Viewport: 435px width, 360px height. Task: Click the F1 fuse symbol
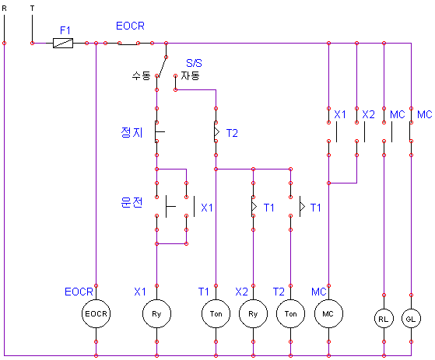point(63,44)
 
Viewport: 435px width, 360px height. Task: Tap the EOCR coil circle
point(96,313)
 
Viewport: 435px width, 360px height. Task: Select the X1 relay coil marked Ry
point(156,313)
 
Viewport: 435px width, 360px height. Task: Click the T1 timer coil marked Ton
point(216,313)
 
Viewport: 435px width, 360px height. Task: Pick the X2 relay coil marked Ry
point(253,313)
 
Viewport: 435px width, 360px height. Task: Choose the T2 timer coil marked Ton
point(290,313)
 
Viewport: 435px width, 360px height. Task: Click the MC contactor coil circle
point(328,313)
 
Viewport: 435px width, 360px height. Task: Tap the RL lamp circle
point(384,319)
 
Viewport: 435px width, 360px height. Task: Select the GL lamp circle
point(411,319)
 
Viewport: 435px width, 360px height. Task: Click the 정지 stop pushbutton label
point(132,132)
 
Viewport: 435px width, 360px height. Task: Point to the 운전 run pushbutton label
point(132,202)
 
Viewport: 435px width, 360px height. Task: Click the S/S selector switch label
point(194,63)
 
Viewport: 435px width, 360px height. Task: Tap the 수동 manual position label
point(141,75)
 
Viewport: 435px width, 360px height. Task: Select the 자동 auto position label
point(191,75)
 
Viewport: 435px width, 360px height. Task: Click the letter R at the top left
point(4,9)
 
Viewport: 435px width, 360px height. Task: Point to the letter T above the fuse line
point(32,9)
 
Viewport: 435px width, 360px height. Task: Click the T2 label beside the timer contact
point(232,133)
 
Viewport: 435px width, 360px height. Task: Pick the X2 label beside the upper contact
point(368,114)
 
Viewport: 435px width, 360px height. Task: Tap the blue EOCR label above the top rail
point(130,26)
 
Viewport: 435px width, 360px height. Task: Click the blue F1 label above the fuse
point(65,30)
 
